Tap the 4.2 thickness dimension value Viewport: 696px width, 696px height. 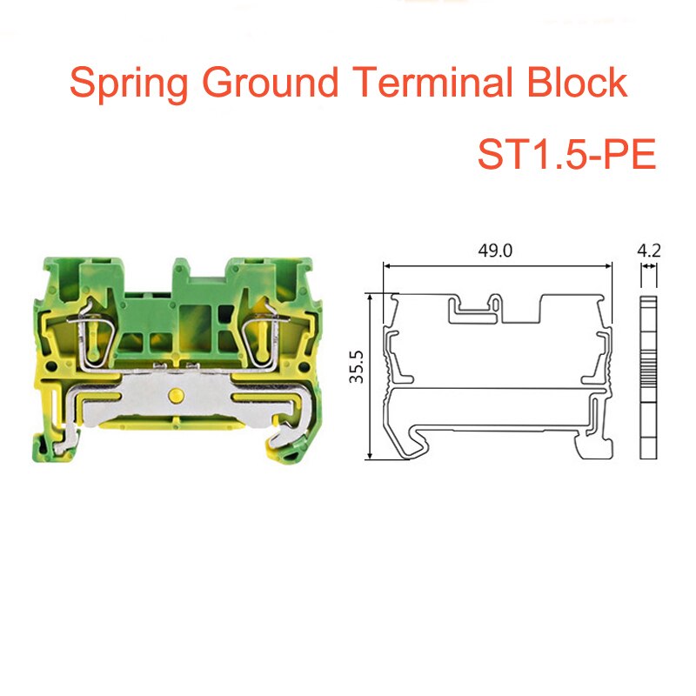pos(648,251)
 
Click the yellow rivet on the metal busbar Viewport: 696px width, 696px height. pos(177,397)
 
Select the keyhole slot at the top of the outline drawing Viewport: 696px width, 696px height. pos(495,308)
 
